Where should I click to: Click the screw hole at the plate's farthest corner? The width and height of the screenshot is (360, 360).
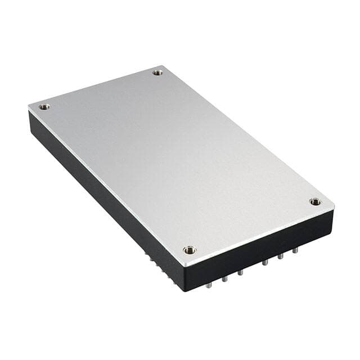[x=157, y=72]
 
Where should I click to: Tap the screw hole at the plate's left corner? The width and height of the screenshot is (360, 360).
[x=44, y=106]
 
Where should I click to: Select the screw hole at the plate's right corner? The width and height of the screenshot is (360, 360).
[x=315, y=201]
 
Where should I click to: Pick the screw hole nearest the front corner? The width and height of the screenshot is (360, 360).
[x=190, y=250]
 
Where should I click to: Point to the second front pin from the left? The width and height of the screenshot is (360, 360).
[x=224, y=278]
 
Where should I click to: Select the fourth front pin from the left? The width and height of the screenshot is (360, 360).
[x=264, y=263]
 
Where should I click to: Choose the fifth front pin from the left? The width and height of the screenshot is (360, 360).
[x=279, y=256]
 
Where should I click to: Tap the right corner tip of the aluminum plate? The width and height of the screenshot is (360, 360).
[x=334, y=209]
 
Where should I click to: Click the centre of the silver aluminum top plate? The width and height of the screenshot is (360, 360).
[x=180, y=163]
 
